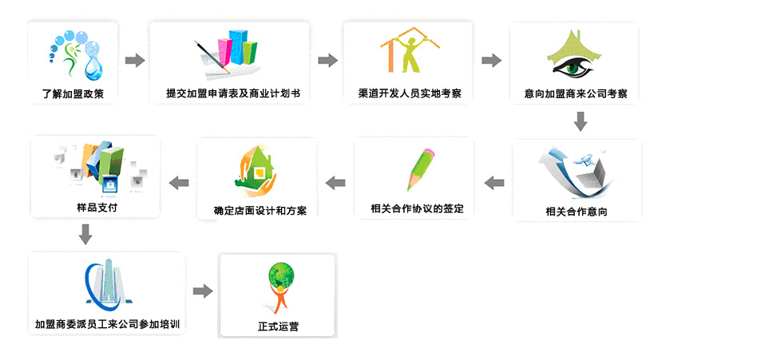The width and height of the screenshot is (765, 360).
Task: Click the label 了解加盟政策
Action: coord(73,93)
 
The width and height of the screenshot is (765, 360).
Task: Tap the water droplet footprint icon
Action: coord(74,55)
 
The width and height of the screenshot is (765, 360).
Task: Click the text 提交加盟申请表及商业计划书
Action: coord(230,93)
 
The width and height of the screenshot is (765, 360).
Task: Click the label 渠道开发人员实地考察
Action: coord(410,93)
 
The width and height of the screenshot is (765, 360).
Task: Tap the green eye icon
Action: coord(573,54)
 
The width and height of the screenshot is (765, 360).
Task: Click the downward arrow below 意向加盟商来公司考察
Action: coord(580,121)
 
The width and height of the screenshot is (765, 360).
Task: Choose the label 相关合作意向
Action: coord(577,212)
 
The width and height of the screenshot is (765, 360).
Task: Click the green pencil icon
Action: coord(421,169)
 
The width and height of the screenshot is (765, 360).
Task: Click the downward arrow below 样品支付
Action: coord(86,234)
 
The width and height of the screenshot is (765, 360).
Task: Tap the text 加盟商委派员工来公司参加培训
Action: coord(107,323)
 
